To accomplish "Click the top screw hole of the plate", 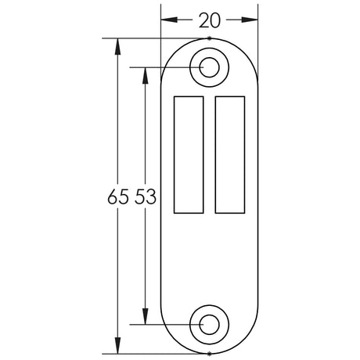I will coord(209,67).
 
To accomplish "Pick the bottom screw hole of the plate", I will coord(209,323).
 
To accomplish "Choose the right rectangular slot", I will coord(229,153).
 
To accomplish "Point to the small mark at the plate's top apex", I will coord(209,37).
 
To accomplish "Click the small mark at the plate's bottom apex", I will coord(209,354).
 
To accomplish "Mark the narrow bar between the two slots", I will coord(209,153).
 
